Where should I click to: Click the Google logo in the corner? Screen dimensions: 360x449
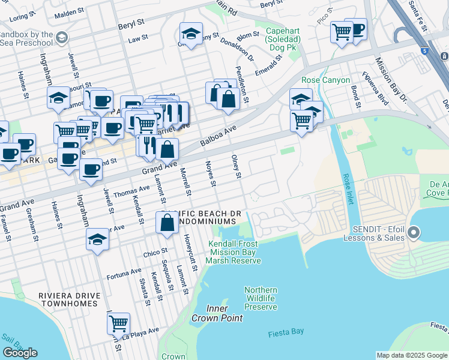pos(20,353)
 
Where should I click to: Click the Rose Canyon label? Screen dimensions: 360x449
pos(325,80)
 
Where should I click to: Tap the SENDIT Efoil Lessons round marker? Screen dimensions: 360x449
pos(413,232)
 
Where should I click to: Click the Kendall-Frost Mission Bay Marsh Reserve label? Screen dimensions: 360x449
pos(234,252)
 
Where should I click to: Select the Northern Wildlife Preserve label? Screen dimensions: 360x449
pos(261,298)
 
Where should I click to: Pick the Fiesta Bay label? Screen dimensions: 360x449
pos(286,331)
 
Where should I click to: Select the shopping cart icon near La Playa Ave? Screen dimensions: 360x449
pos(118,323)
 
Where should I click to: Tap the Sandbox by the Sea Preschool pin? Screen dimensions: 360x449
pos(61,38)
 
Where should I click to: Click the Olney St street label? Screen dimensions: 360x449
pos(237,166)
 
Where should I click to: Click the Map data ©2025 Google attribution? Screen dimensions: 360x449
pos(412,355)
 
